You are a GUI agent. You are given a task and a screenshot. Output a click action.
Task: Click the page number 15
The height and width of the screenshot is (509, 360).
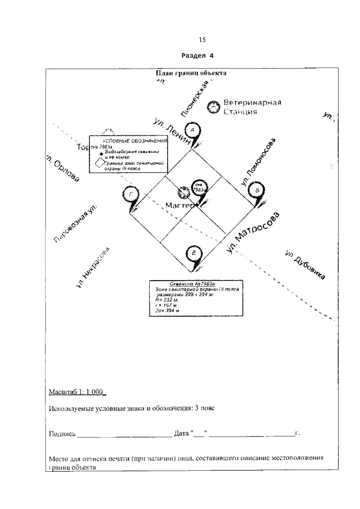[202, 39]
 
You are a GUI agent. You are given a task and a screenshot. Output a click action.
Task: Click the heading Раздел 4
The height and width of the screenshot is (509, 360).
[198, 56]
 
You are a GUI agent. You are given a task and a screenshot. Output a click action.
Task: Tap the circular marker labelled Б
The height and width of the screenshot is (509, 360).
[256, 191]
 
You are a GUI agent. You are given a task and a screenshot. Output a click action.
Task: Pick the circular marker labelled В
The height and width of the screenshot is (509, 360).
[194, 254]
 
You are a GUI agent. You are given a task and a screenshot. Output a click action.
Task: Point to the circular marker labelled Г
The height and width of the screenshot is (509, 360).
[130, 195]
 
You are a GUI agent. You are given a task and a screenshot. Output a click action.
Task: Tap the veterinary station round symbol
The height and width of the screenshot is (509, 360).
[214, 106]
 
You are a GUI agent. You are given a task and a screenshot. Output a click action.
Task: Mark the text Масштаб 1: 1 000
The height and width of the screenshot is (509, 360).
[77, 391]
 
